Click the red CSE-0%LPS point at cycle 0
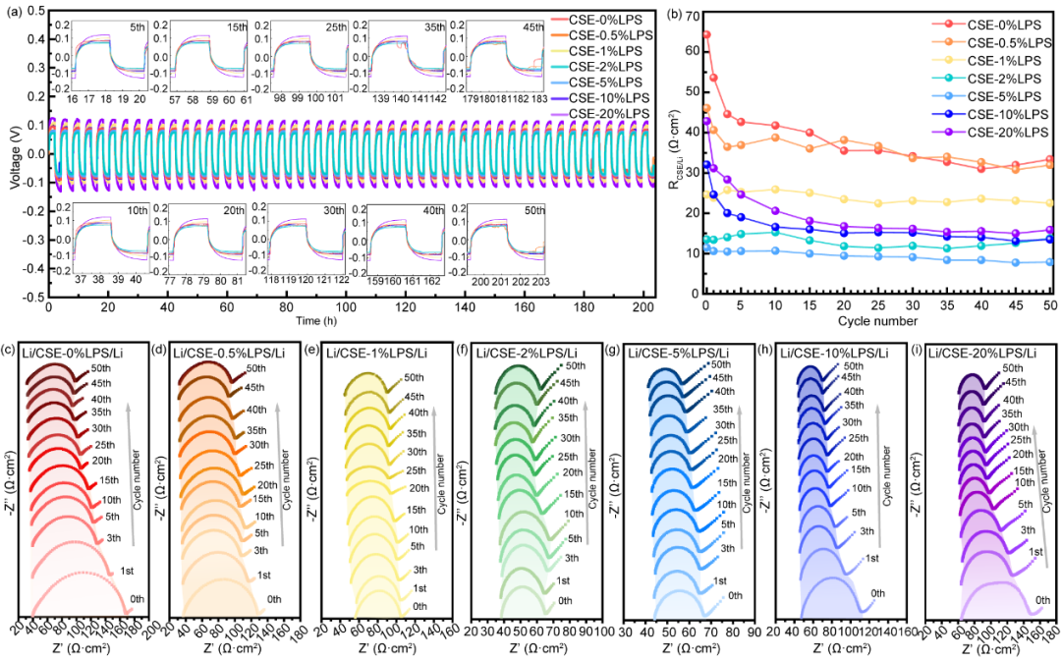[x=705, y=34]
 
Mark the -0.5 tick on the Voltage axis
[x=32, y=294]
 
